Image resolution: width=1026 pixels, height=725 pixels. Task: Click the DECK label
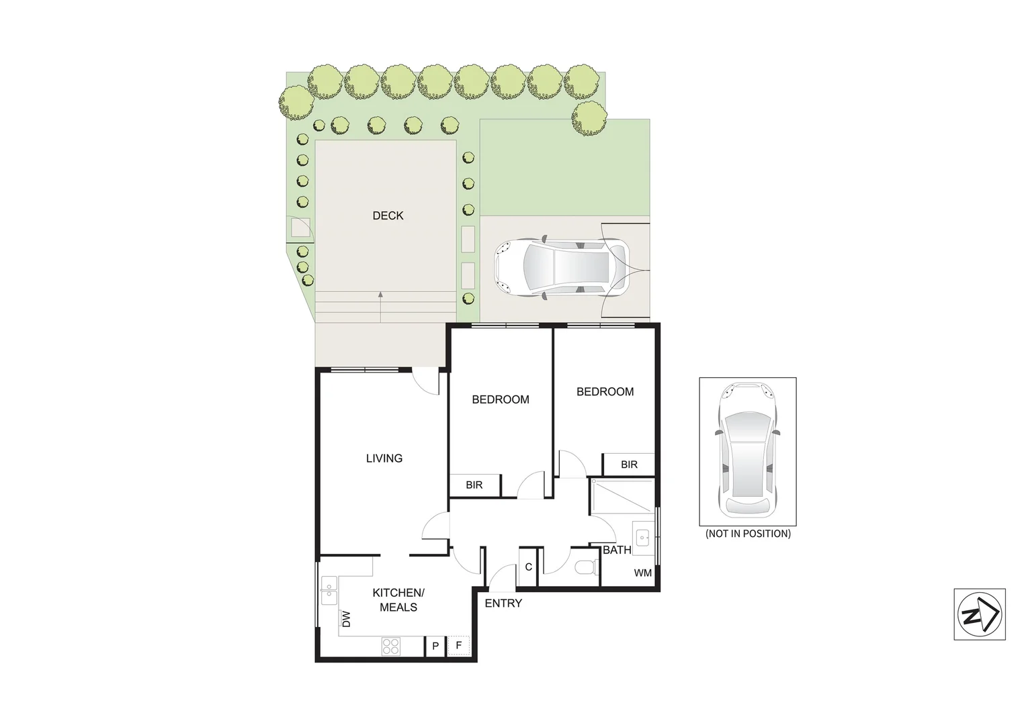pos(388,215)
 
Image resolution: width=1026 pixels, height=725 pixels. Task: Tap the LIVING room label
pos(384,458)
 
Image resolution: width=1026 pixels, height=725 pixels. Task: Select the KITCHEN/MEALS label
pos(398,600)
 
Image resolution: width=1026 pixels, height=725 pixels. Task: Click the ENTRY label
pos(503,603)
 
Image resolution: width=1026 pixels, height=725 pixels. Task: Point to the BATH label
pos(616,550)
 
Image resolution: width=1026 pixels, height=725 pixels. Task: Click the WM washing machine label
pos(643,573)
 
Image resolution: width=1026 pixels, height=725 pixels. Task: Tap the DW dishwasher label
pos(347,618)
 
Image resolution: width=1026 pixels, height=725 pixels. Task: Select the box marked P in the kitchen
pos(435,646)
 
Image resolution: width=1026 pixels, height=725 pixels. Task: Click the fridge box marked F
pos(459,646)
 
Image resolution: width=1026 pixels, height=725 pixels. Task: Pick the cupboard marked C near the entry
pos(529,567)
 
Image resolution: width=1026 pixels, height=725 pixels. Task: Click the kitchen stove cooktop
pos(391,646)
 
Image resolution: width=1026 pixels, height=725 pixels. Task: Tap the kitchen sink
pos(329,591)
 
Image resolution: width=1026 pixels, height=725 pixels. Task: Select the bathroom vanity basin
pos(643,537)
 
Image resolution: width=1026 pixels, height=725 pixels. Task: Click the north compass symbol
pos(979,614)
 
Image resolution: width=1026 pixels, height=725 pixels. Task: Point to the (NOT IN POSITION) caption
pos(748,534)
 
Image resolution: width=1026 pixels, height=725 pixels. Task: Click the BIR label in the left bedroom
pos(474,485)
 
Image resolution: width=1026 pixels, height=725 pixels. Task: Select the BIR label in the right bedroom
pos(629,465)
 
